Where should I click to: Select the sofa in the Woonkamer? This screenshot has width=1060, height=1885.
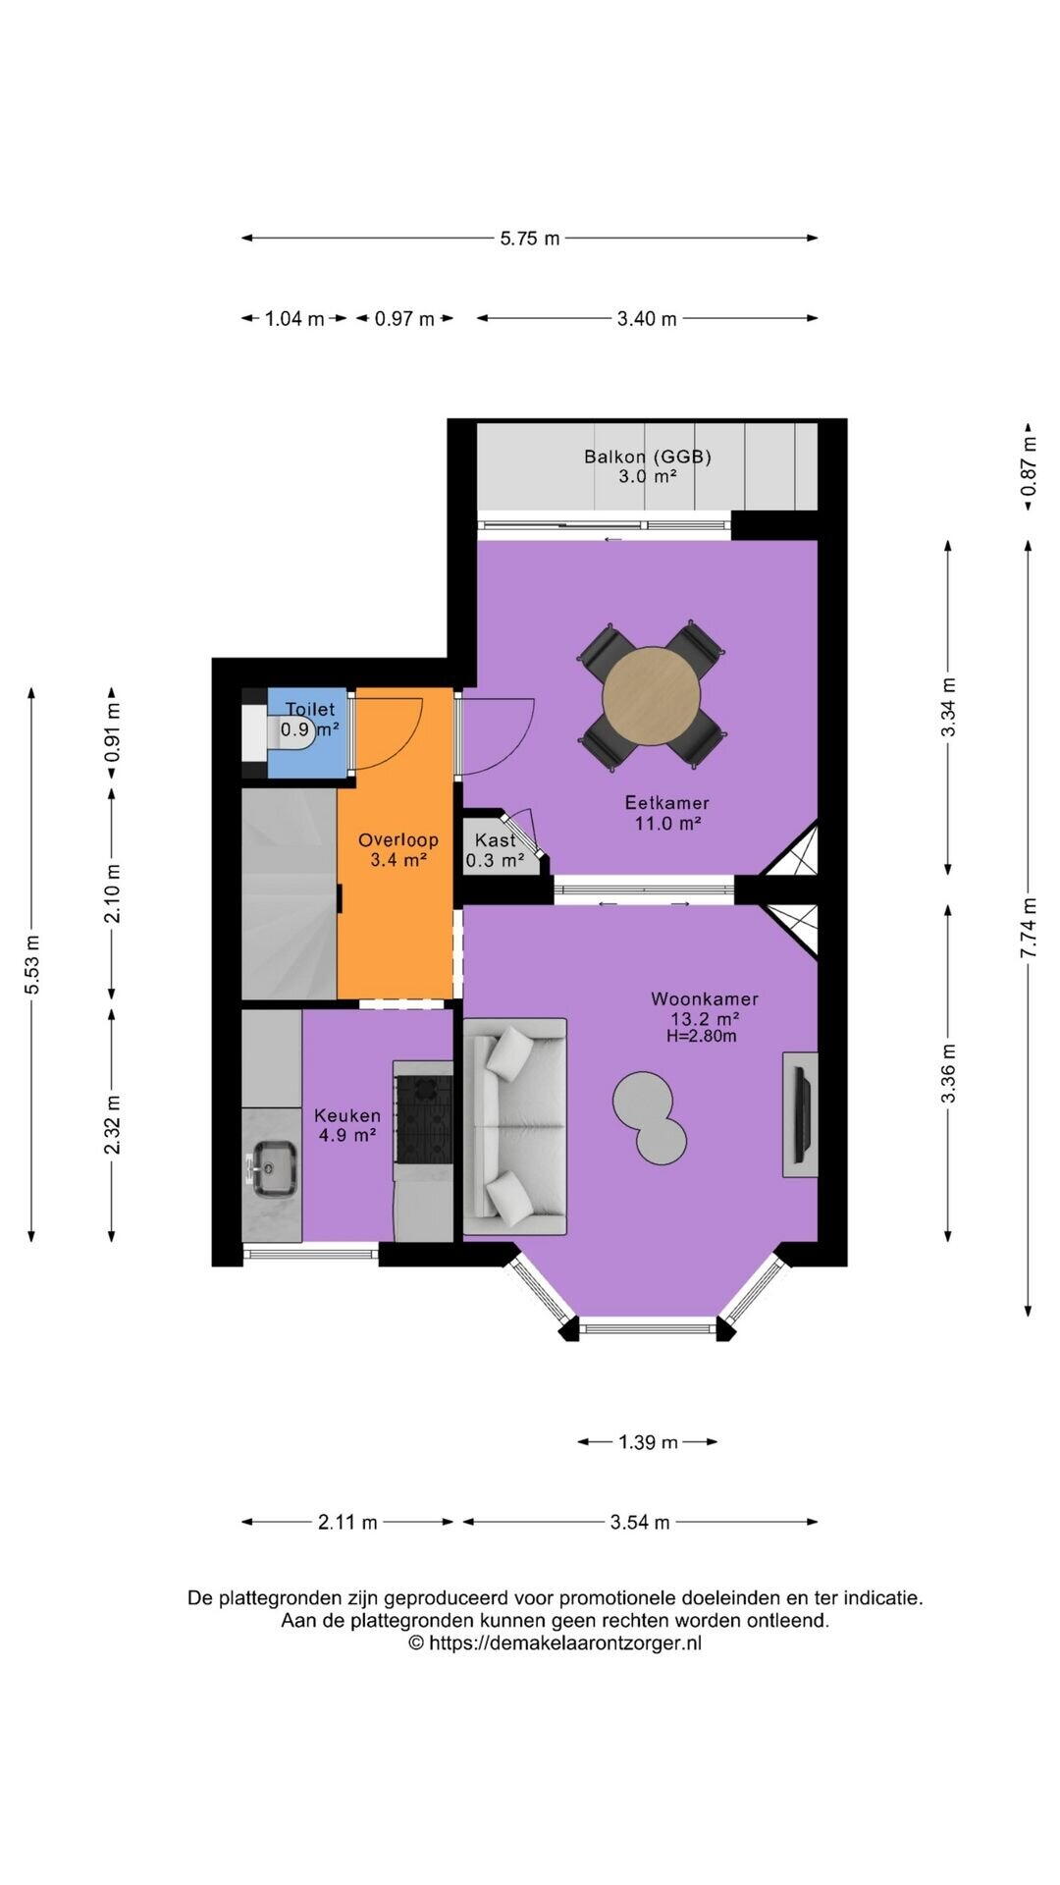(x=514, y=1126)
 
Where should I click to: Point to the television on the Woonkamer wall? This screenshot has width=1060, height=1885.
(x=801, y=1114)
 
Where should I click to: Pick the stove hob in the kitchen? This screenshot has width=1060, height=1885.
(x=423, y=1118)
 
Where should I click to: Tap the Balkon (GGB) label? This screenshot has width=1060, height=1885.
(x=648, y=456)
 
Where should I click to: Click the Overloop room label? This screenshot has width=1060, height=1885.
(x=397, y=839)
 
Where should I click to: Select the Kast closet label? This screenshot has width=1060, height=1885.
(x=495, y=839)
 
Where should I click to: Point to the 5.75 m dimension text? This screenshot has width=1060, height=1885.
(x=530, y=238)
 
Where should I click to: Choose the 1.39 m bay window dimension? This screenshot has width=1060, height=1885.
(x=648, y=1441)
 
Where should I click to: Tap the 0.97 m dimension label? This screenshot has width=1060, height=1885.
(x=404, y=318)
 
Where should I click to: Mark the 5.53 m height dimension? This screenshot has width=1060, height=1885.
(x=31, y=963)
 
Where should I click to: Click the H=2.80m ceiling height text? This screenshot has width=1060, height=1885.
(x=702, y=1036)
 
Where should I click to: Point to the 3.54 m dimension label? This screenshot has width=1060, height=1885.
(x=640, y=1522)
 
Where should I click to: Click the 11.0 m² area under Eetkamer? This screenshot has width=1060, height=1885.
(x=667, y=823)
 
